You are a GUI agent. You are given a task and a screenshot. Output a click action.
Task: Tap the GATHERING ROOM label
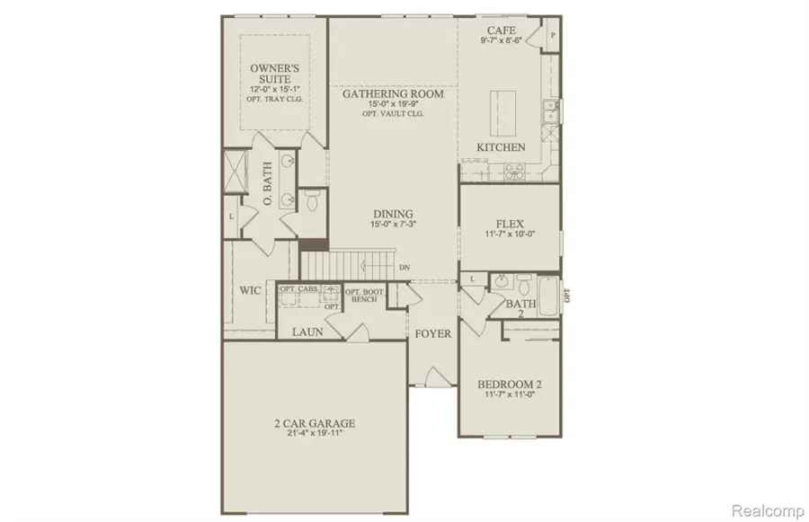click(392, 93)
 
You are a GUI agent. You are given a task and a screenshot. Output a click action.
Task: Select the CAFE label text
click(501, 29)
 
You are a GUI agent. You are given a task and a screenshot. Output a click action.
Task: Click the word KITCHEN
click(501, 147)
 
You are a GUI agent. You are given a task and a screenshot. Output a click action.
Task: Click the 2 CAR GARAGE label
click(314, 423)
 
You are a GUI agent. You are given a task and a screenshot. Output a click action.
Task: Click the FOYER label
click(432, 333)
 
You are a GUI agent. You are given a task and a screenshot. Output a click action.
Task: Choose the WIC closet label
click(250, 291)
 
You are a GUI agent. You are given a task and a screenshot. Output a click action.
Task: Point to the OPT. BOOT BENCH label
click(365, 296)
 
